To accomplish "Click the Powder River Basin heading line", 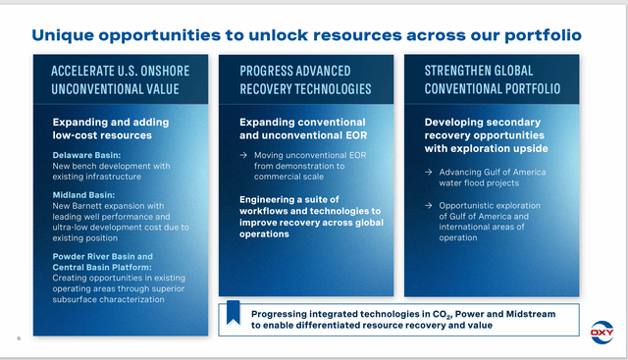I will (x=102, y=257).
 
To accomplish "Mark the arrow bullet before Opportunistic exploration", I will (x=430, y=205).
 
